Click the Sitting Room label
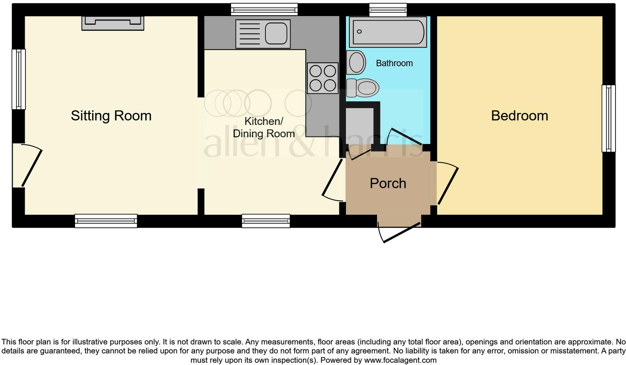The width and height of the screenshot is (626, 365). point(111,116)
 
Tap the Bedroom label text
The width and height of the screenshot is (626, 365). point(519,116)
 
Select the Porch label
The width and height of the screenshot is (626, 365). point(388,183)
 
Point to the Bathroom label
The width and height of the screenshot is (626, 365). point(394,63)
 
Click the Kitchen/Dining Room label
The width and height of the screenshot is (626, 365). point(264,127)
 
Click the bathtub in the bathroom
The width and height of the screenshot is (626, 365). point(388,32)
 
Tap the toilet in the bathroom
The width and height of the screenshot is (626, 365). point(362,88)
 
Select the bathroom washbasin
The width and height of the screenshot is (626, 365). point(356,62)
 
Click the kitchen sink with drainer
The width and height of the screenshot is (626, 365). point(263,34)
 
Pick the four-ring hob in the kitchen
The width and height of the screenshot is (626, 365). point(322,78)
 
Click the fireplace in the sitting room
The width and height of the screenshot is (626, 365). point(113,23)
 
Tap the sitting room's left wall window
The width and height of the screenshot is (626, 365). point(18,79)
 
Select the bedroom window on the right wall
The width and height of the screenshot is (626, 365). point(608,118)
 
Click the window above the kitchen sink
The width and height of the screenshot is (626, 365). point(264,9)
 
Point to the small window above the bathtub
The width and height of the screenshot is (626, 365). point(388,9)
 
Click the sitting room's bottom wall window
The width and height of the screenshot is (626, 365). point(106,221)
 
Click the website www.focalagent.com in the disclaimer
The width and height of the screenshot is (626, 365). point(400,361)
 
